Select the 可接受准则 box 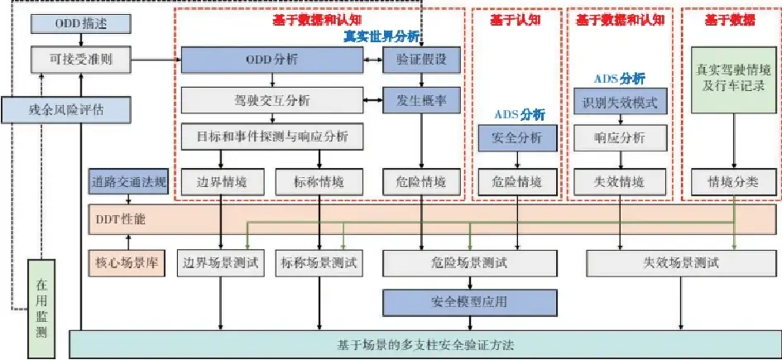(x=81, y=60)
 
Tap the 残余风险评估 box (x=66, y=110)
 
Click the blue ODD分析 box (x=271, y=60)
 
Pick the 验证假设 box (x=421, y=60)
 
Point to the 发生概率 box (x=421, y=101)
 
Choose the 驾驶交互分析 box (x=271, y=101)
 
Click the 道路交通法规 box (x=128, y=181)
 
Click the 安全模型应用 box (x=469, y=302)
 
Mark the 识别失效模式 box (x=620, y=102)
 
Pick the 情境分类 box (x=733, y=182)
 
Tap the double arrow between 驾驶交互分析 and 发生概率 (x=373, y=101)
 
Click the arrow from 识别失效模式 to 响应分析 (x=621, y=120)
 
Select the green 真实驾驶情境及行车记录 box (x=733, y=79)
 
